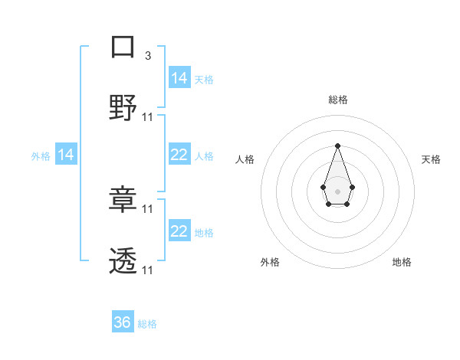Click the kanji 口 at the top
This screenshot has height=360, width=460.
tap(123, 47)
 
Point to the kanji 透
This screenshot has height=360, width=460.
tap(123, 261)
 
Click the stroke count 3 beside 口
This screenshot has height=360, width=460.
tap(147, 56)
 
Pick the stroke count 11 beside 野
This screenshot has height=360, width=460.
tap(148, 117)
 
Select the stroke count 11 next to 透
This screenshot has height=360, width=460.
tap(148, 270)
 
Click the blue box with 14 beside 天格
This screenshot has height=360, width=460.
tap(179, 77)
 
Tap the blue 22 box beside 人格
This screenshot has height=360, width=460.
tap(179, 155)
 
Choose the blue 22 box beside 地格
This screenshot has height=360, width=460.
tap(179, 231)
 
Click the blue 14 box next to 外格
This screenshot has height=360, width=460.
tap(66, 155)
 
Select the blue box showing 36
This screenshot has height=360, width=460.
tap(123, 322)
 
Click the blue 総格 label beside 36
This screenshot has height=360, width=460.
tap(147, 324)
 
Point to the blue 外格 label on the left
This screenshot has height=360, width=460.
tap(41, 156)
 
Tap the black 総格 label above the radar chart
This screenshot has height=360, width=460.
tap(337, 100)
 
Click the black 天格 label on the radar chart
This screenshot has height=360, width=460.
tap(431, 159)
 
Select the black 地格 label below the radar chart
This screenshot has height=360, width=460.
tap(402, 263)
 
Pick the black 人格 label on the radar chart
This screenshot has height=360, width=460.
tap(245, 159)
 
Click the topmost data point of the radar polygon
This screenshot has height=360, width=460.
tap(337, 146)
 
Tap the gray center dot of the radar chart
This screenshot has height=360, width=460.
tap(337, 191)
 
